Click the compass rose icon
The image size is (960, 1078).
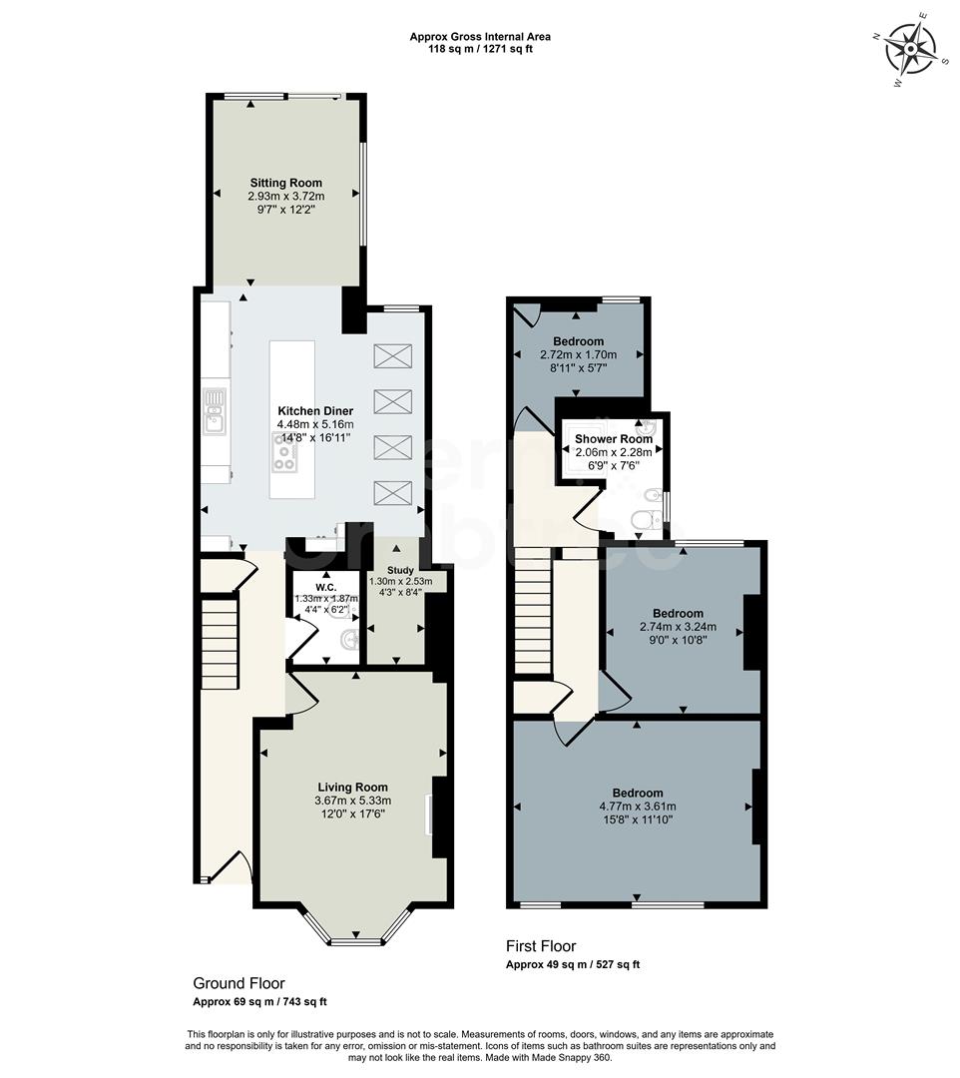tap(912, 48)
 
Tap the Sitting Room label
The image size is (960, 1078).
tap(285, 183)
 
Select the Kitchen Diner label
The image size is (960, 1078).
tap(315, 411)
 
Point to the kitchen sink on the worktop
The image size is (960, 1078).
tap(215, 412)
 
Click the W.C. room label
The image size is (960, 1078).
tap(324, 586)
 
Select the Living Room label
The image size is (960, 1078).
tap(352, 787)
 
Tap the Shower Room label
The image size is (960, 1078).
tap(613, 438)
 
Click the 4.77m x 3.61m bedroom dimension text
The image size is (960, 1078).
tap(638, 807)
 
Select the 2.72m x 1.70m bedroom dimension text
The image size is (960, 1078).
tap(578, 354)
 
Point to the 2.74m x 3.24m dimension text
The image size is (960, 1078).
tap(678, 627)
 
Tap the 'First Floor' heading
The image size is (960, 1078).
tap(541, 946)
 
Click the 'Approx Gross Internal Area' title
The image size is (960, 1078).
tap(480, 37)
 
